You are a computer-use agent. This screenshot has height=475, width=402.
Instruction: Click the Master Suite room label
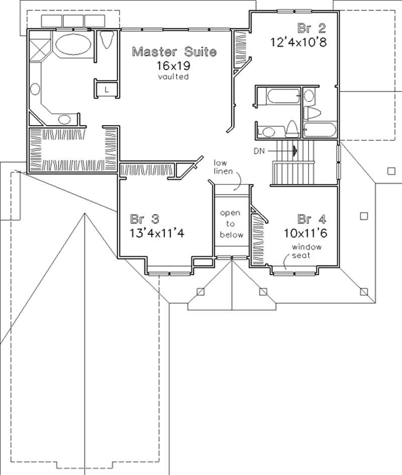(174, 51)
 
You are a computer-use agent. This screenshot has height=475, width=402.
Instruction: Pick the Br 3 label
(145, 219)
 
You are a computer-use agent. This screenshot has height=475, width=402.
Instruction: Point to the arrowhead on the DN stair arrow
(296, 150)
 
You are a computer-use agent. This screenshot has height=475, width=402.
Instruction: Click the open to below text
(232, 224)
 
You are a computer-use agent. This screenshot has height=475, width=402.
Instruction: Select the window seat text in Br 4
(309, 251)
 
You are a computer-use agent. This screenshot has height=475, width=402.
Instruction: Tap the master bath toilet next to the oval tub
(107, 40)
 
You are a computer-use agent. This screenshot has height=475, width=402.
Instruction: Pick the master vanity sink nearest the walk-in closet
(64, 119)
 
